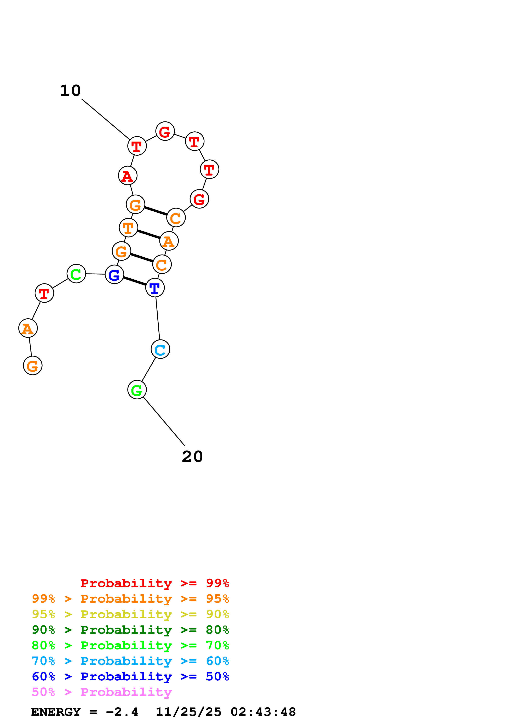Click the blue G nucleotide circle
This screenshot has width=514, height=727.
[114, 275]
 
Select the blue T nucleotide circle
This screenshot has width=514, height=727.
[155, 288]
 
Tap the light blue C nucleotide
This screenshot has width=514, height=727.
[160, 349]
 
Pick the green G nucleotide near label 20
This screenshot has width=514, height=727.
[137, 390]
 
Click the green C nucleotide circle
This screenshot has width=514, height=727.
[76, 274]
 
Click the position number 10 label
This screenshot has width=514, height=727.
[70, 91]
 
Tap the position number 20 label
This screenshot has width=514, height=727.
[192, 457]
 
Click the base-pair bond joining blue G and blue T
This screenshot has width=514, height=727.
[135, 281]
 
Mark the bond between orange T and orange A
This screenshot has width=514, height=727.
[148, 234]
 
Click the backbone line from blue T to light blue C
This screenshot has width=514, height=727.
[158, 318]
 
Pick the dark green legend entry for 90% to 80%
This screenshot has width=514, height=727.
[130, 630]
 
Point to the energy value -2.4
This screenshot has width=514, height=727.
[122, 712]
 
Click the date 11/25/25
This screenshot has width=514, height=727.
[188, 712]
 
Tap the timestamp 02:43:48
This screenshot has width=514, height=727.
[263, 712]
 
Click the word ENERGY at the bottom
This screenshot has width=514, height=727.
[56, 712]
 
